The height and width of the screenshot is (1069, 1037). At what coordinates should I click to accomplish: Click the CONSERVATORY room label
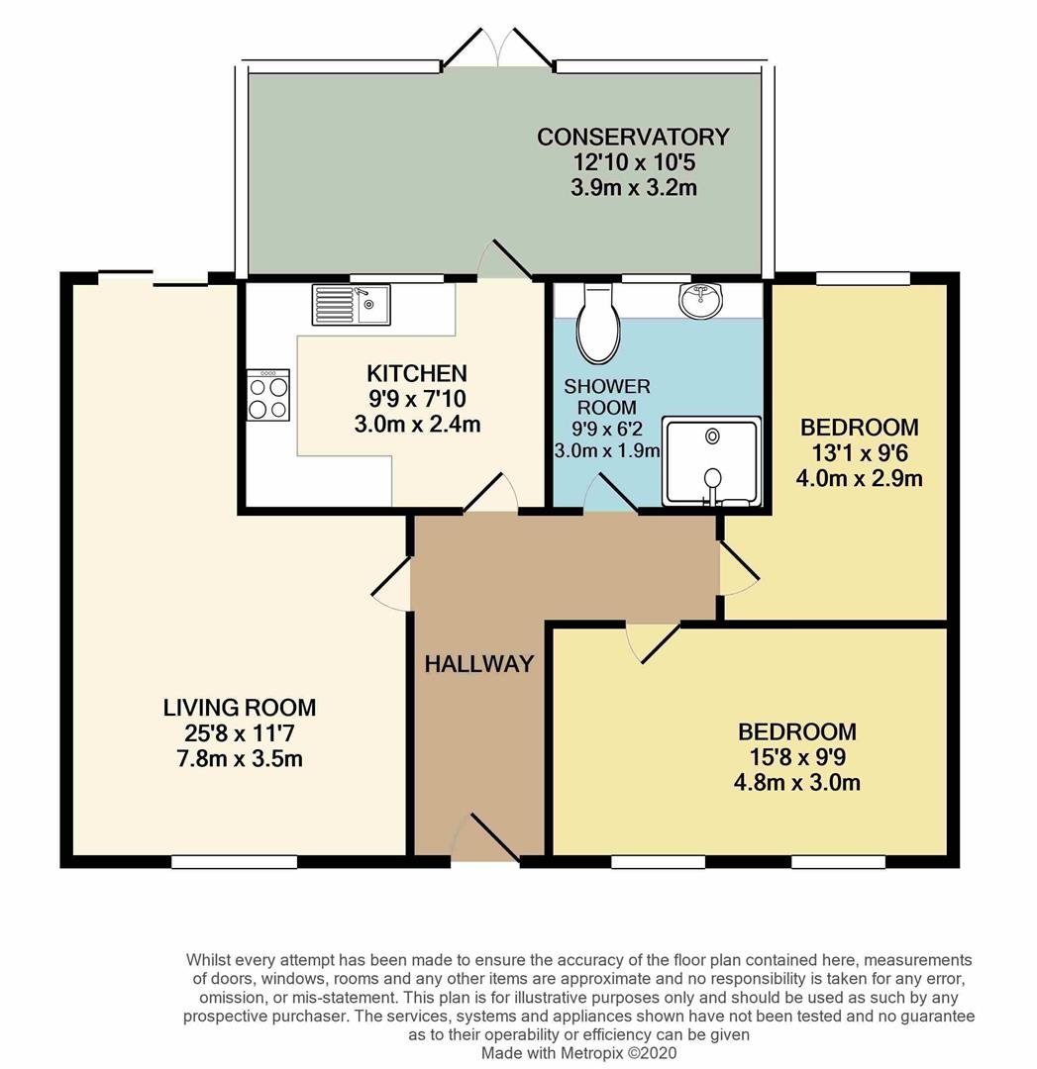pyautogui.click(x=633, y=137)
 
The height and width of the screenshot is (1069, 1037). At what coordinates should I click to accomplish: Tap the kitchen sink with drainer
pyautogui.click(x=352, y=304)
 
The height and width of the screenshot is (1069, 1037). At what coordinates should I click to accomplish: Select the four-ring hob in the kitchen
pyautogui.click(x=268, y=395)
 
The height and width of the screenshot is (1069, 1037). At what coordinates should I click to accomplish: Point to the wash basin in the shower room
pyautogui.click(x=702, y=299)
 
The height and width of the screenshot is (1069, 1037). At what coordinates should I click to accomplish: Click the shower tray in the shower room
pyautogui.click(x=711, y=461)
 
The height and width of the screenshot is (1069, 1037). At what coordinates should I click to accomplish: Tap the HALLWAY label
pyautogui.click(x=479, y=664)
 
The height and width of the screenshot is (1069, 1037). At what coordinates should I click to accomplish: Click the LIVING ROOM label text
pyautogui.click(x=240, y=708)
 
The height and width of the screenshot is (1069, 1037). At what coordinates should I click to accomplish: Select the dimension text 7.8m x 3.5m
pyautogui.click(x=240, y=759)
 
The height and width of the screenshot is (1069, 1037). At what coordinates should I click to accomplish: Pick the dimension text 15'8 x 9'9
pyautogui.click(x=797, y=758)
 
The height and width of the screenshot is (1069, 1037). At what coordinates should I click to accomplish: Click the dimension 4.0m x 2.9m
pyautogui.click(x=859, y=479)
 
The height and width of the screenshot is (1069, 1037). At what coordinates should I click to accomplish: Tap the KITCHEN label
pyautogui.click(x=417, y=374)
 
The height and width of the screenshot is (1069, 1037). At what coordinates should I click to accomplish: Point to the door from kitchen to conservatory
pyautogui.click(x=505, y=259)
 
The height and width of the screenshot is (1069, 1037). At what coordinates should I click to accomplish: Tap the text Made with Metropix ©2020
pyautogui.click(x=579, y=1053)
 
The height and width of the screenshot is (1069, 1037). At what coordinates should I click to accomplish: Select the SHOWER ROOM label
pyautogui.click(x=607, y=396)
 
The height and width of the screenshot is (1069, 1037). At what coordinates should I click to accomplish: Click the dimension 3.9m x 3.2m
pyautogui.click(x=633, y=187)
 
